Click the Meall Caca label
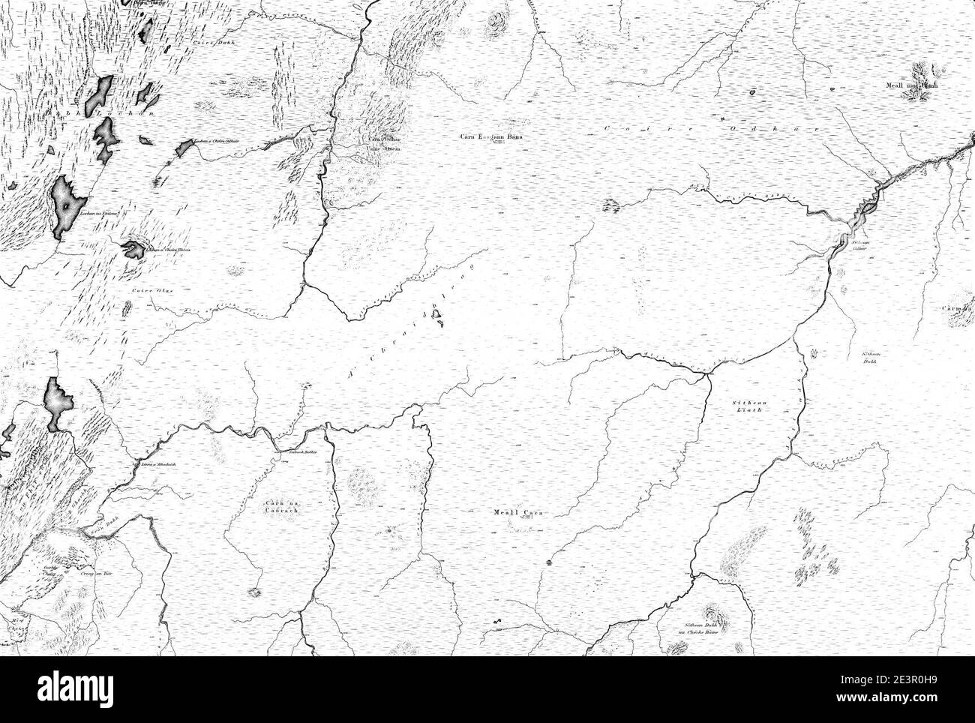pyautogui.click(x=517, y=514)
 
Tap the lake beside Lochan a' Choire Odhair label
pyautogui.click(x=184, y=148)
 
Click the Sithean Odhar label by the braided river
pyautogui.click(x=859, y=245)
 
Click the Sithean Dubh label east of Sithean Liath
pyautogui.click(x=869, y=356)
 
